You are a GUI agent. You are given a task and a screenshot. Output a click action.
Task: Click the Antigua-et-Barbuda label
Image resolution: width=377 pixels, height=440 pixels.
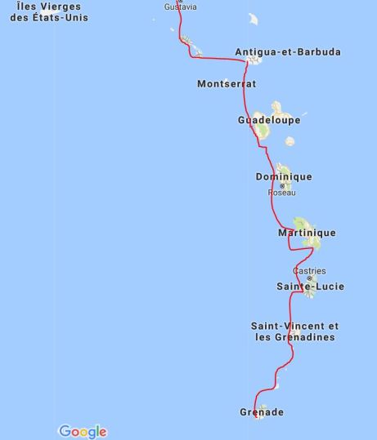[288, 52]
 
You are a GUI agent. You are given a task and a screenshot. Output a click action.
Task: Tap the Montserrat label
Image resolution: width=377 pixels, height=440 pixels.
[227, 84]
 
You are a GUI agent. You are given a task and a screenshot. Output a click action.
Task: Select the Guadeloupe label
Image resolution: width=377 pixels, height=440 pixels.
[269, 120]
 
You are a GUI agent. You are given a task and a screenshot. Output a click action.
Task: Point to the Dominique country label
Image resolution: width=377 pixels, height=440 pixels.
[284, 177]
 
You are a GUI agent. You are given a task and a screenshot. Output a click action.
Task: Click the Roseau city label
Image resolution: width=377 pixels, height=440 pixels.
[281, 193]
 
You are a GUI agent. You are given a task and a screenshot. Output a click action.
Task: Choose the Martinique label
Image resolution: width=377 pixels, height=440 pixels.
[307, 233]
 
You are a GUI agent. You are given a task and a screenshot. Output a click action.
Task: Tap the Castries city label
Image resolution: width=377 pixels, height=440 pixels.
[309, 271]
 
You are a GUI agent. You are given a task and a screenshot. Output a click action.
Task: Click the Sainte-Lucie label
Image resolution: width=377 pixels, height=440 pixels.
[310, 287]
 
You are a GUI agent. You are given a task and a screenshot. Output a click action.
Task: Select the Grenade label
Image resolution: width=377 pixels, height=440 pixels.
[262, 412]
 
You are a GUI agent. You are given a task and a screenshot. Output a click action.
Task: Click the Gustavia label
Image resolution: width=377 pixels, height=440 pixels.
[180, 7]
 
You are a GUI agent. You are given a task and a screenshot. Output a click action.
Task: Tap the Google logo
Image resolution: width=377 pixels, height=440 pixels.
[83, 431]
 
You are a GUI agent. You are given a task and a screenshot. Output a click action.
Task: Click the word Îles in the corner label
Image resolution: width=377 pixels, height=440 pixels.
[29, 7]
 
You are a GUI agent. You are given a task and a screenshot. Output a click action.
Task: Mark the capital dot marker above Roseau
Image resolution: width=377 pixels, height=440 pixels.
[283, 185]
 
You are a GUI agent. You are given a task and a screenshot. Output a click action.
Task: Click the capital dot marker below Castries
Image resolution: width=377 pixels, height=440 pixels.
[309, 278]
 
